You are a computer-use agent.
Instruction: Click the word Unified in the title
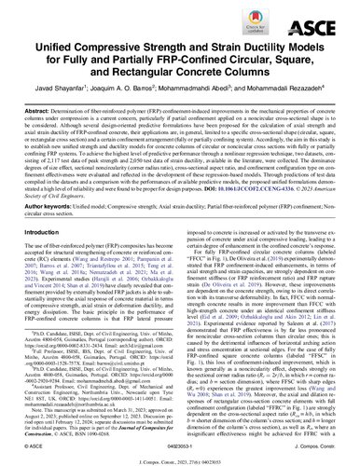pyautogui.click(x=63, y=49)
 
